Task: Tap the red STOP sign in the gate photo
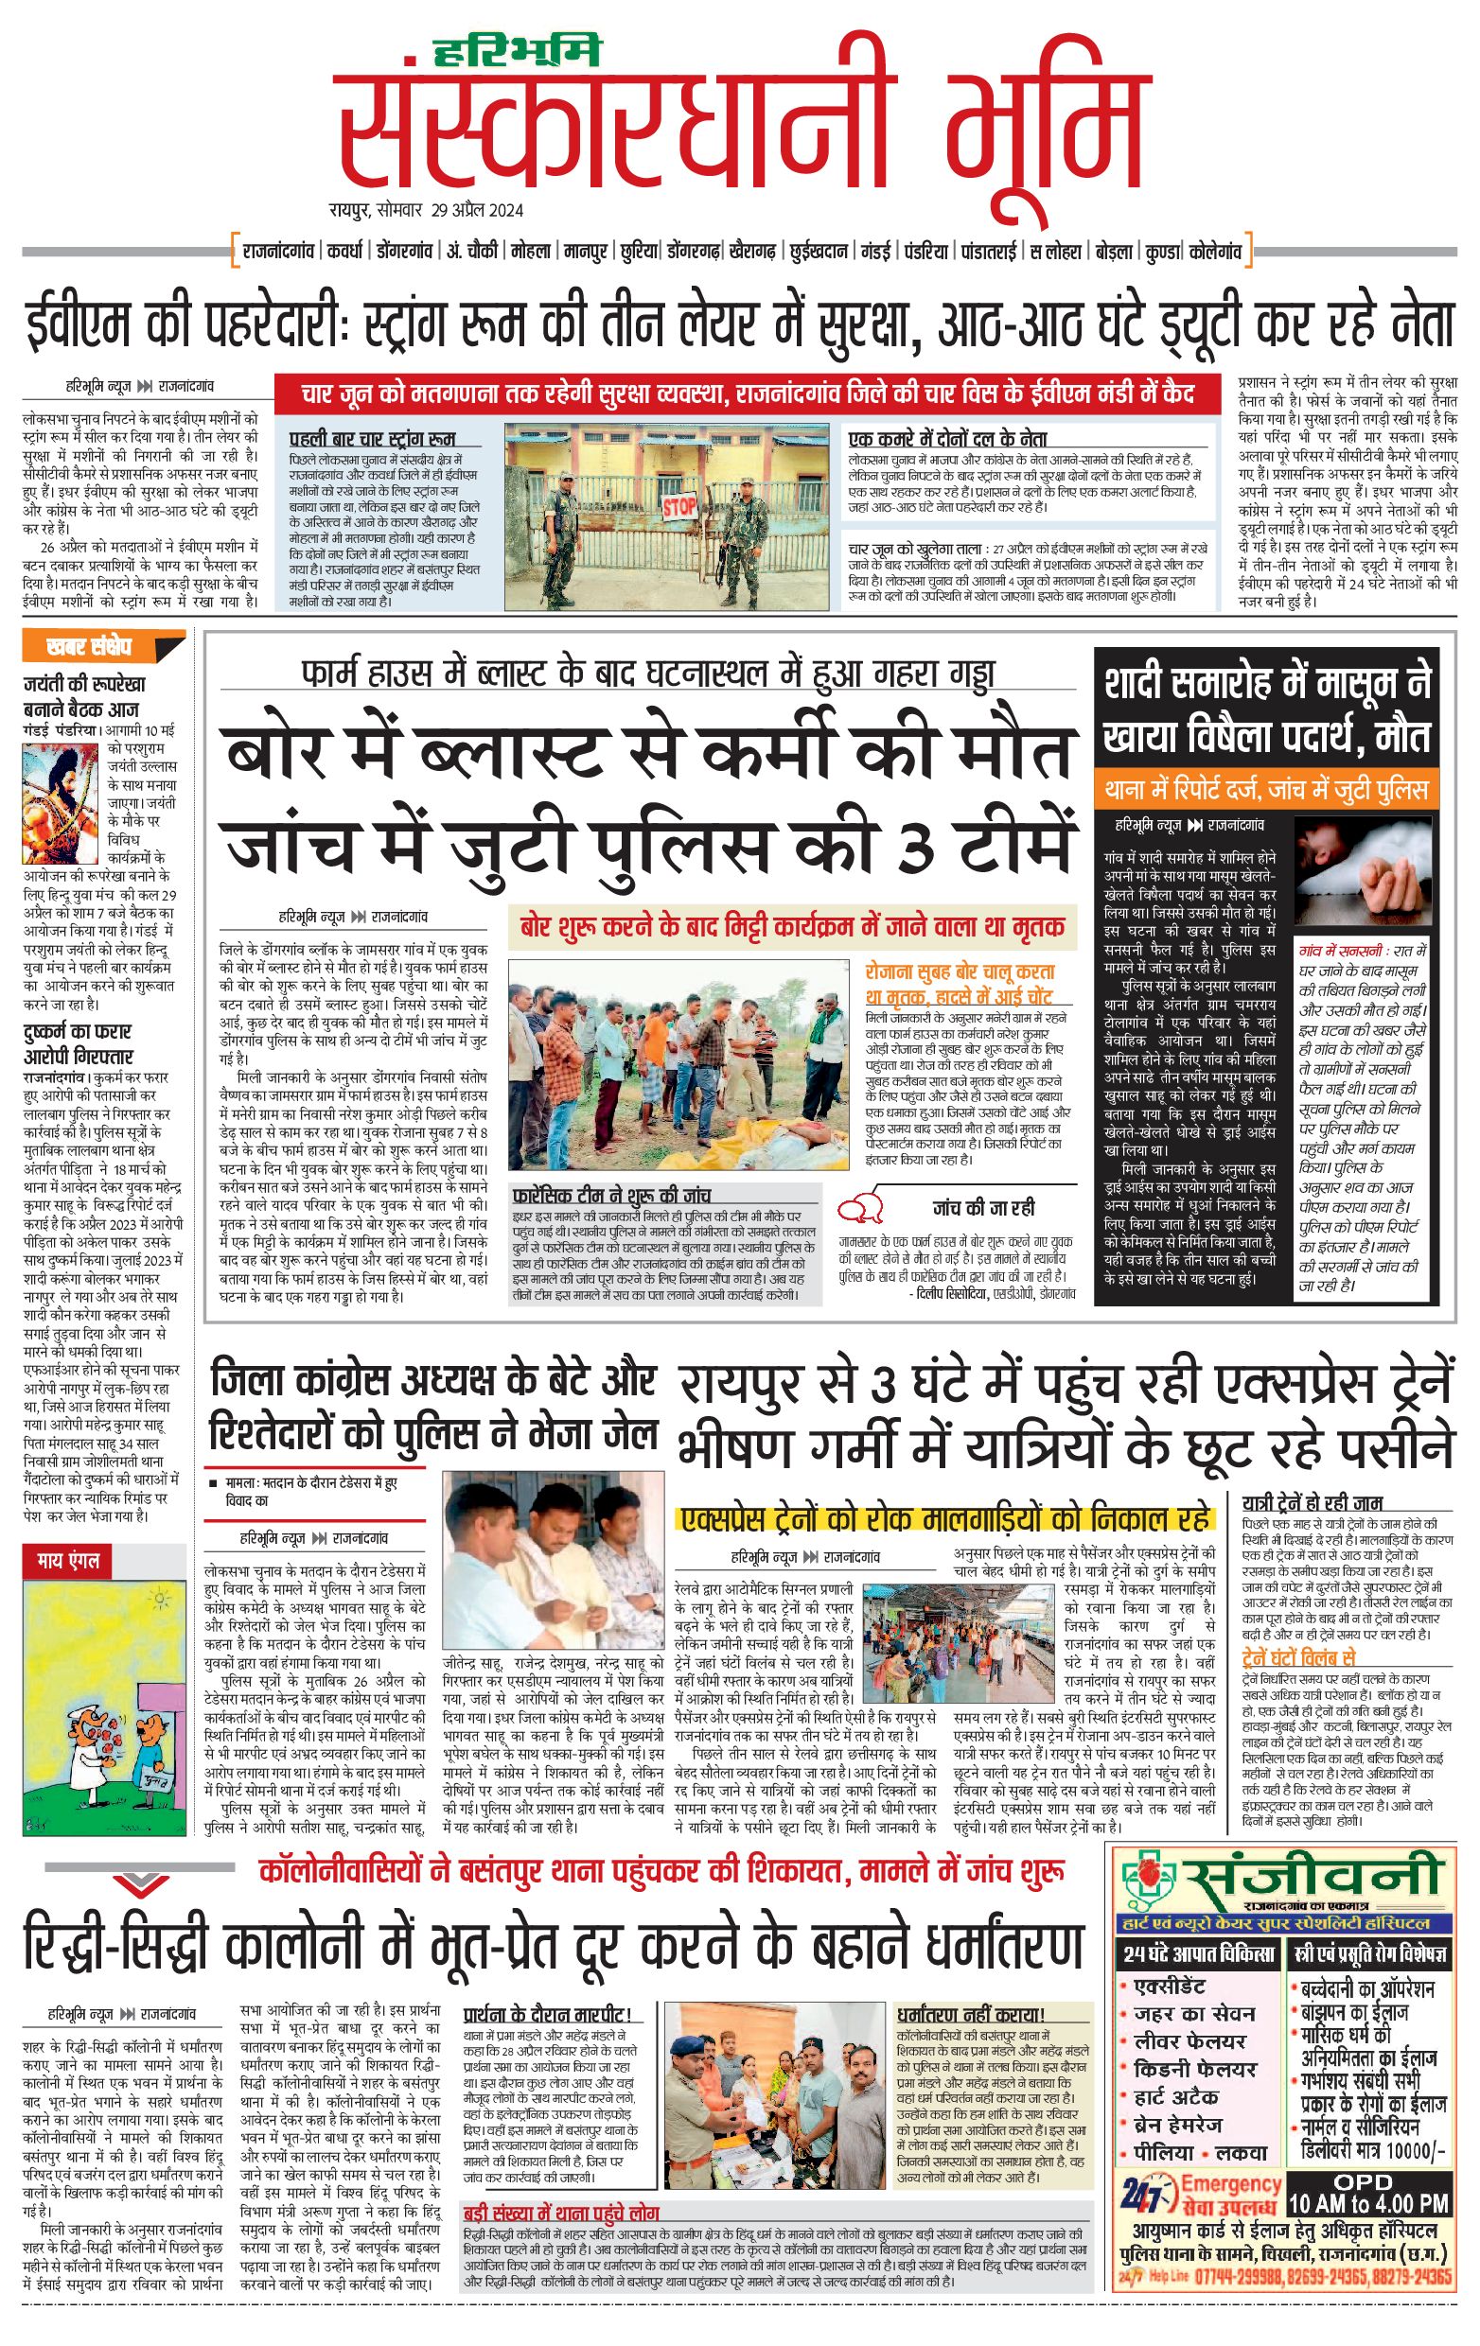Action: click(680, 507)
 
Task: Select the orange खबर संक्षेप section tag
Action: click(89, 646)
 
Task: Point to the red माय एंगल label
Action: click(68, 1561)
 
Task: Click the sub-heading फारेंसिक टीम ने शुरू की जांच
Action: click(612, 1195)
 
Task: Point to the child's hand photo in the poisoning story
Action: click(1364, 871)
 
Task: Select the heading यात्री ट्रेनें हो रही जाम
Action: click(1313, 1502)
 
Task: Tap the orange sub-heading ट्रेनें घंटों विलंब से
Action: click(1298, 1657)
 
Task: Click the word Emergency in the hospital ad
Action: click(1230, 2183)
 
